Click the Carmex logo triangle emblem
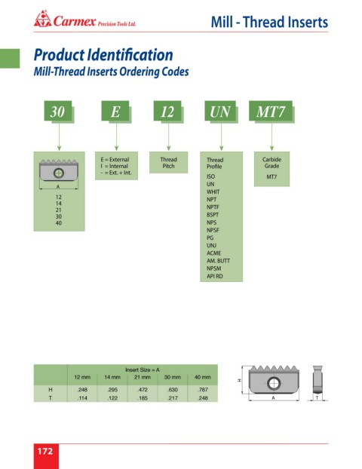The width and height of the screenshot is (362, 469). click(42, 19)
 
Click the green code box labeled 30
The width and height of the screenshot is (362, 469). click(58, 111)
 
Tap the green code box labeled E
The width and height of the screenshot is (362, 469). click(115, 111)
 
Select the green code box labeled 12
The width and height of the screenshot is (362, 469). click(167, 111)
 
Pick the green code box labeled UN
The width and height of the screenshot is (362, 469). click(220, 111)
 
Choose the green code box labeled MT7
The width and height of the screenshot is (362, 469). click(271, 111)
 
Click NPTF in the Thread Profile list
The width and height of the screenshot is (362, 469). click(213, 207)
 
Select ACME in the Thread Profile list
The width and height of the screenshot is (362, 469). click(213, 253)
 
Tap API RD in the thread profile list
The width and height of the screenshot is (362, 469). click(214, 276)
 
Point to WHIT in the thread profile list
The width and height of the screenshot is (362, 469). click(213, 192)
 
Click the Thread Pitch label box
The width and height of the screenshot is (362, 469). click(168, 162)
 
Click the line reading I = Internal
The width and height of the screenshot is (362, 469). click(115, 166)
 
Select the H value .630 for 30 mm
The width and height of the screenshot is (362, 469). click(173, 390)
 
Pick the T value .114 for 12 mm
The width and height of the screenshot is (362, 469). click(82, 398)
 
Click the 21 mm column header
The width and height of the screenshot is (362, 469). click(142, 377)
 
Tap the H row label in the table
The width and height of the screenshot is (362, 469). click(51, 390)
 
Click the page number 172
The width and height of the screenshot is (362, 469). click(45, 451)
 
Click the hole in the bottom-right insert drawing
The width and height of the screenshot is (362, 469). click(274, 383)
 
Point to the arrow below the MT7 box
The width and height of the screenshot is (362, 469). click(271, 136)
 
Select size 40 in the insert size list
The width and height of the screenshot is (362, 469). click(59, 223)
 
